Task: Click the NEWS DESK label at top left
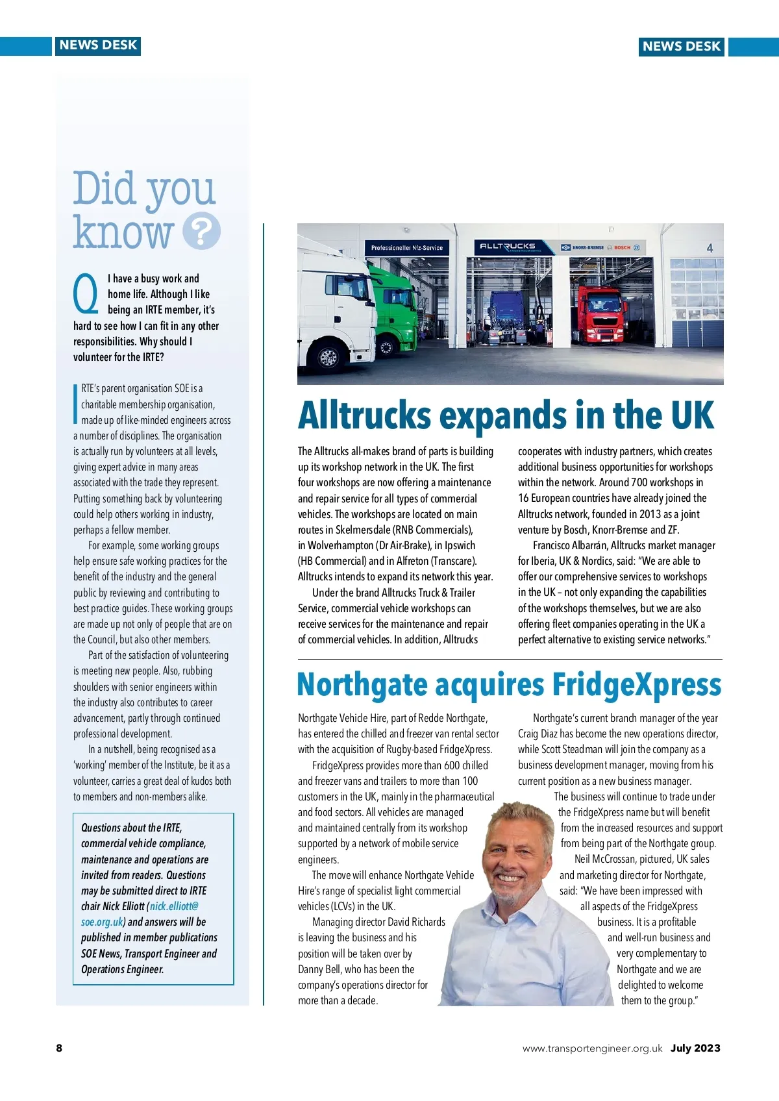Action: [x=98, y=45]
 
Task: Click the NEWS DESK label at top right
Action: [x=681, y=46]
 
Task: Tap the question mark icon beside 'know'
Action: [x=201, y=231]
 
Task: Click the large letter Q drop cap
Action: [x=86, y=293]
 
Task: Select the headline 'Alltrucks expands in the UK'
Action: [x=506, y=415]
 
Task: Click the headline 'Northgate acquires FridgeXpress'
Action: [x=509, y=685]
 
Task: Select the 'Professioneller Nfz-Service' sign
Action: [x=407, y=247]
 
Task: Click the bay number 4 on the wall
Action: [x=710, y=248]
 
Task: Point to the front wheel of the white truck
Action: [x=328, y=356]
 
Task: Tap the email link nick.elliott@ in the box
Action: [x=174, y=906]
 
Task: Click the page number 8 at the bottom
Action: [x=59, y=1048]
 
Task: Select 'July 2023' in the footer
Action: [x=695, y=1048]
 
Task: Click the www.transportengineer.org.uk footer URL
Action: [x=592, y=1048]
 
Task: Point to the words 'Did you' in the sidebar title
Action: [x=143, y=188]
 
